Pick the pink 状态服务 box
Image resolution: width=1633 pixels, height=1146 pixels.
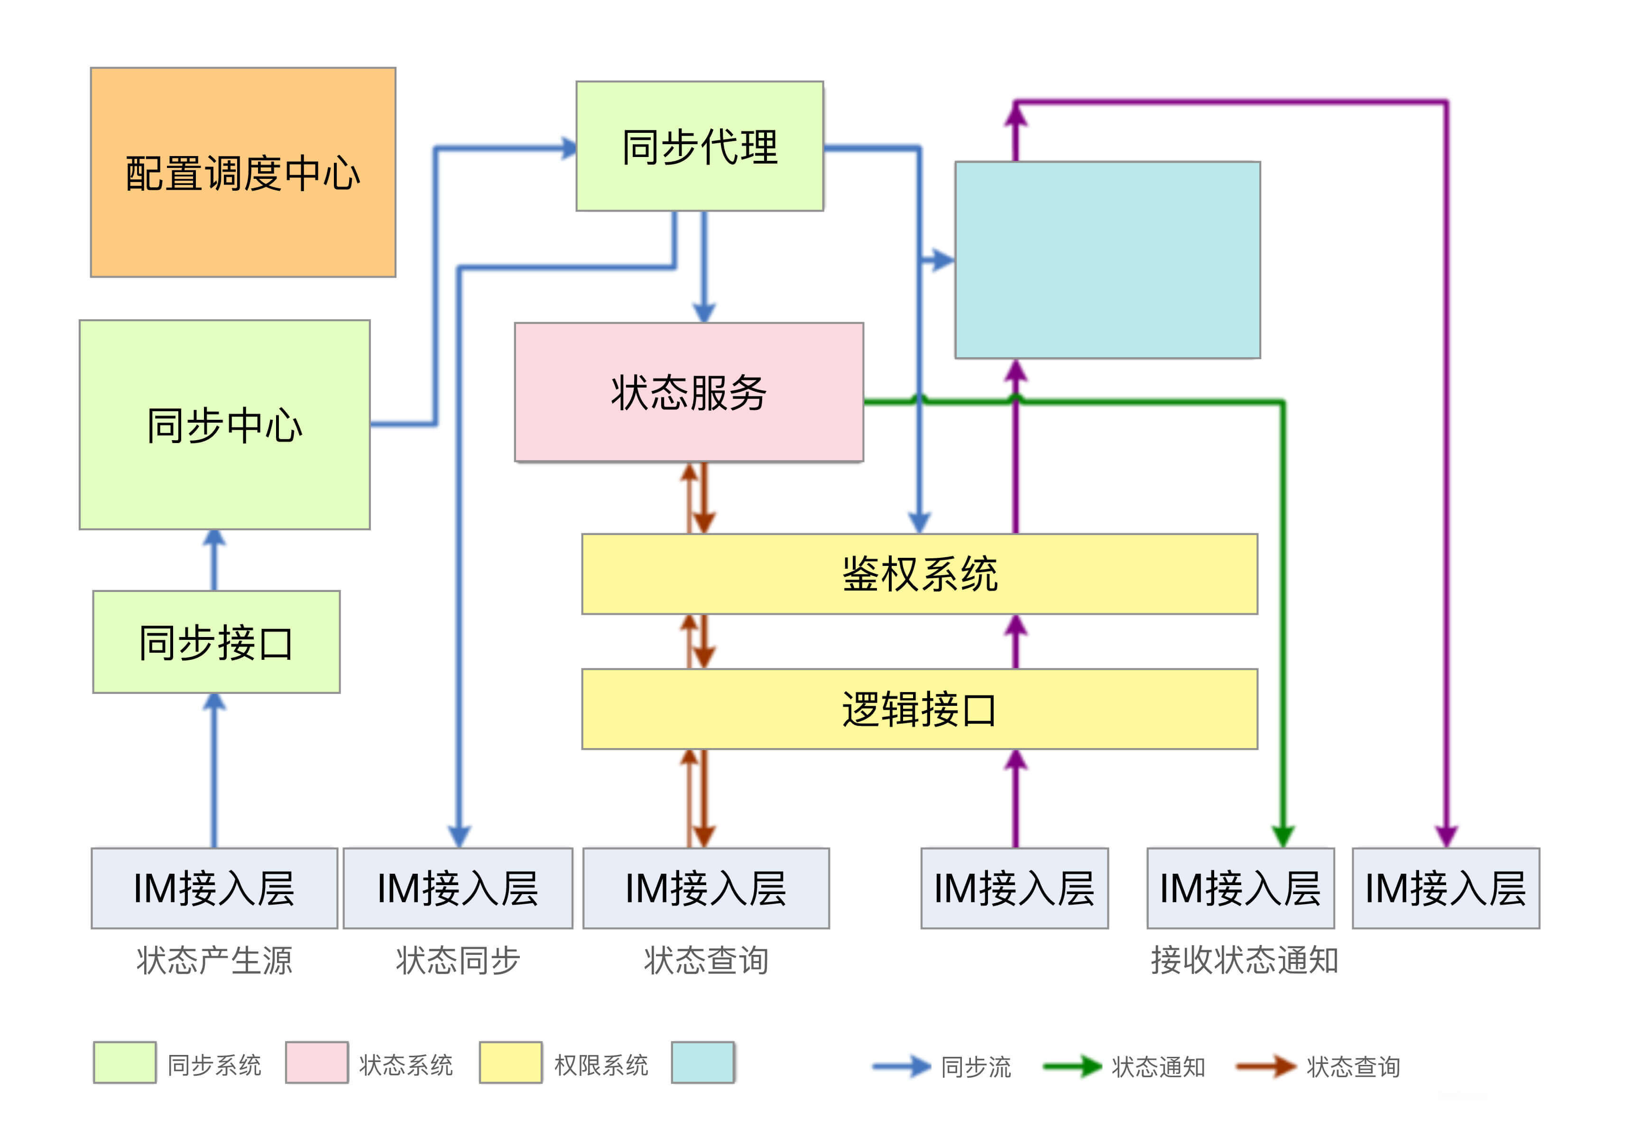[x=689, y=392]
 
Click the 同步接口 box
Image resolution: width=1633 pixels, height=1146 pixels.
[x=216, y=642]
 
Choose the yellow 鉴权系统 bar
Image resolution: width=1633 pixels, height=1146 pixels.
[x=919, y=573]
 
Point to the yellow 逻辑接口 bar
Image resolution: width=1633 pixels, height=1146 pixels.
[x=919, y=709]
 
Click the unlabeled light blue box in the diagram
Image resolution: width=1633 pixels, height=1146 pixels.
[x=1107, y=259]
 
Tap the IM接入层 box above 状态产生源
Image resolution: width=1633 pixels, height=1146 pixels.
[x=214, y=888]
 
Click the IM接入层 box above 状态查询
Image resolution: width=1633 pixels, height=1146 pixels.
[x=706, y=888]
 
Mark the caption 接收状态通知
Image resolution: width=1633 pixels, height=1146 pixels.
[x=1244, y=960]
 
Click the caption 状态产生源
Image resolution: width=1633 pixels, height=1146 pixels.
[x=214, y=960]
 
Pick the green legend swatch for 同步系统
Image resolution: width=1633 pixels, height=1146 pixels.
[x=124, y=1062]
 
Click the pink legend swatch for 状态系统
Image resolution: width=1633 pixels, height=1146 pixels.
[x=316, y=1062]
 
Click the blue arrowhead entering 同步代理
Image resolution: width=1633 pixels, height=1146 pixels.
[x=569, y=148]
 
